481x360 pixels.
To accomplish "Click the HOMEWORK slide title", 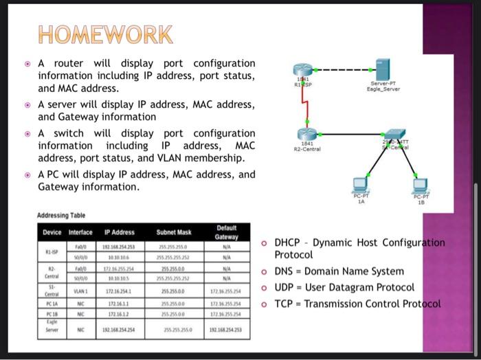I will pos(106,34).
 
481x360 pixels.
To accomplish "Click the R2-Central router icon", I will pos(304,135).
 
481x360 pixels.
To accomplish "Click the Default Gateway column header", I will pos(226,232).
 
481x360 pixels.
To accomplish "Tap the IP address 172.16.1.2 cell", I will pos(120,313).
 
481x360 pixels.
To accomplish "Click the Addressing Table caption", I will pos(63,215).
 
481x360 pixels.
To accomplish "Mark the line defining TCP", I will pos(357,304).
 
